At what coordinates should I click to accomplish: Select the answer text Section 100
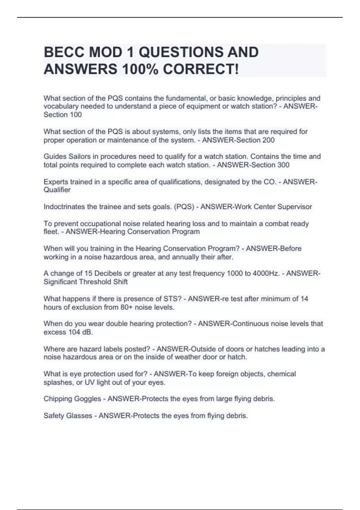pos(63,115)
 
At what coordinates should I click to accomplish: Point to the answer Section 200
pos(256,140)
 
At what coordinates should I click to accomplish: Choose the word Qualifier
pos(57,190)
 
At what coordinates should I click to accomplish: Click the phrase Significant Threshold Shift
pos(85,282)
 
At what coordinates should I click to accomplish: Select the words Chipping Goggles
pos(72,399)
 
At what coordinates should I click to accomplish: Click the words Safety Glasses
pos(68,416)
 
